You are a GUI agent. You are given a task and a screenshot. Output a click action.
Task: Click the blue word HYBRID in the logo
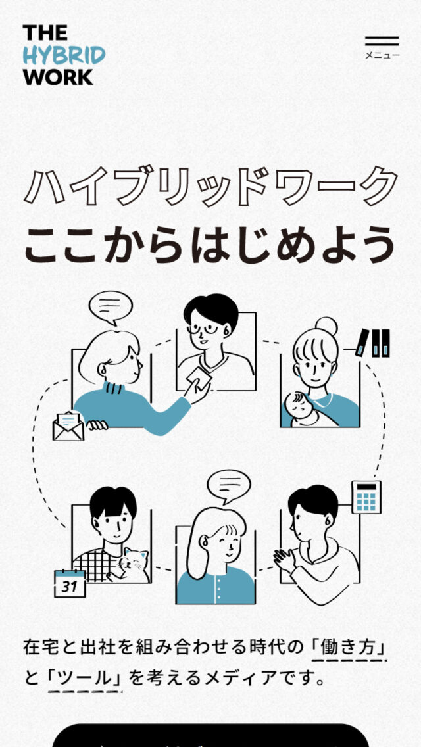pyautogui.click(x=64, y=56)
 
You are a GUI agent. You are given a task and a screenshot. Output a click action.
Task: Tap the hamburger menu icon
pyautogui.click(x=382, y=41)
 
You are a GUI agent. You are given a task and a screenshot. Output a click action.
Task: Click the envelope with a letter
pyautogui.click(x=68, y=426)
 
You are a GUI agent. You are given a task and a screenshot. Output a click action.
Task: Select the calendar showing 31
pyautogui.click(x=70, y=583)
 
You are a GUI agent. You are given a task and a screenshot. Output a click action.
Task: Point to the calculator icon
pyautogui.click(x=366, y=497)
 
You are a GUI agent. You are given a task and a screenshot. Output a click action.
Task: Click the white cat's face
pyautogui.click(x=133, y=562)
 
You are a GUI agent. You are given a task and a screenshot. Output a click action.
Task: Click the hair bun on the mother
pyautogui.click(x=326, y=327)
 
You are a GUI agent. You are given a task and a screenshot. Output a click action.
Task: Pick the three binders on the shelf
pyautogui.click(x=374, y=343)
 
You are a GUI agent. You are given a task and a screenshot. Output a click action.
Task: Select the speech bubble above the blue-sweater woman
pyautogui.click(x=111, y=307)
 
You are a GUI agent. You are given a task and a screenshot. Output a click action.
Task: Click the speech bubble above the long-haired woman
pyautogui.click(x=229, y=487)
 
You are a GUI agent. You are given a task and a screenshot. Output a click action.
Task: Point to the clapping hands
pyautogui.click(x=284, y=560)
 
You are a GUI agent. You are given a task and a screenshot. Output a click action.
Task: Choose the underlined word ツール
pyautogui.click(x=85, y=678)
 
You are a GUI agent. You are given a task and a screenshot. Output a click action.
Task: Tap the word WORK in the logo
pyautogui.click(x=58, y=77)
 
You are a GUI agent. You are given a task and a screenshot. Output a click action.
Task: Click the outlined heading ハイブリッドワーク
pyautogui.click(x=210, y=185)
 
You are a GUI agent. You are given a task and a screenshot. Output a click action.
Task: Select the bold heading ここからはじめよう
pyautogui.click(x=209, y=244)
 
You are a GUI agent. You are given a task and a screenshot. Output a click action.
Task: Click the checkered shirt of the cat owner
pyautogui.click(x=95, y=565)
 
